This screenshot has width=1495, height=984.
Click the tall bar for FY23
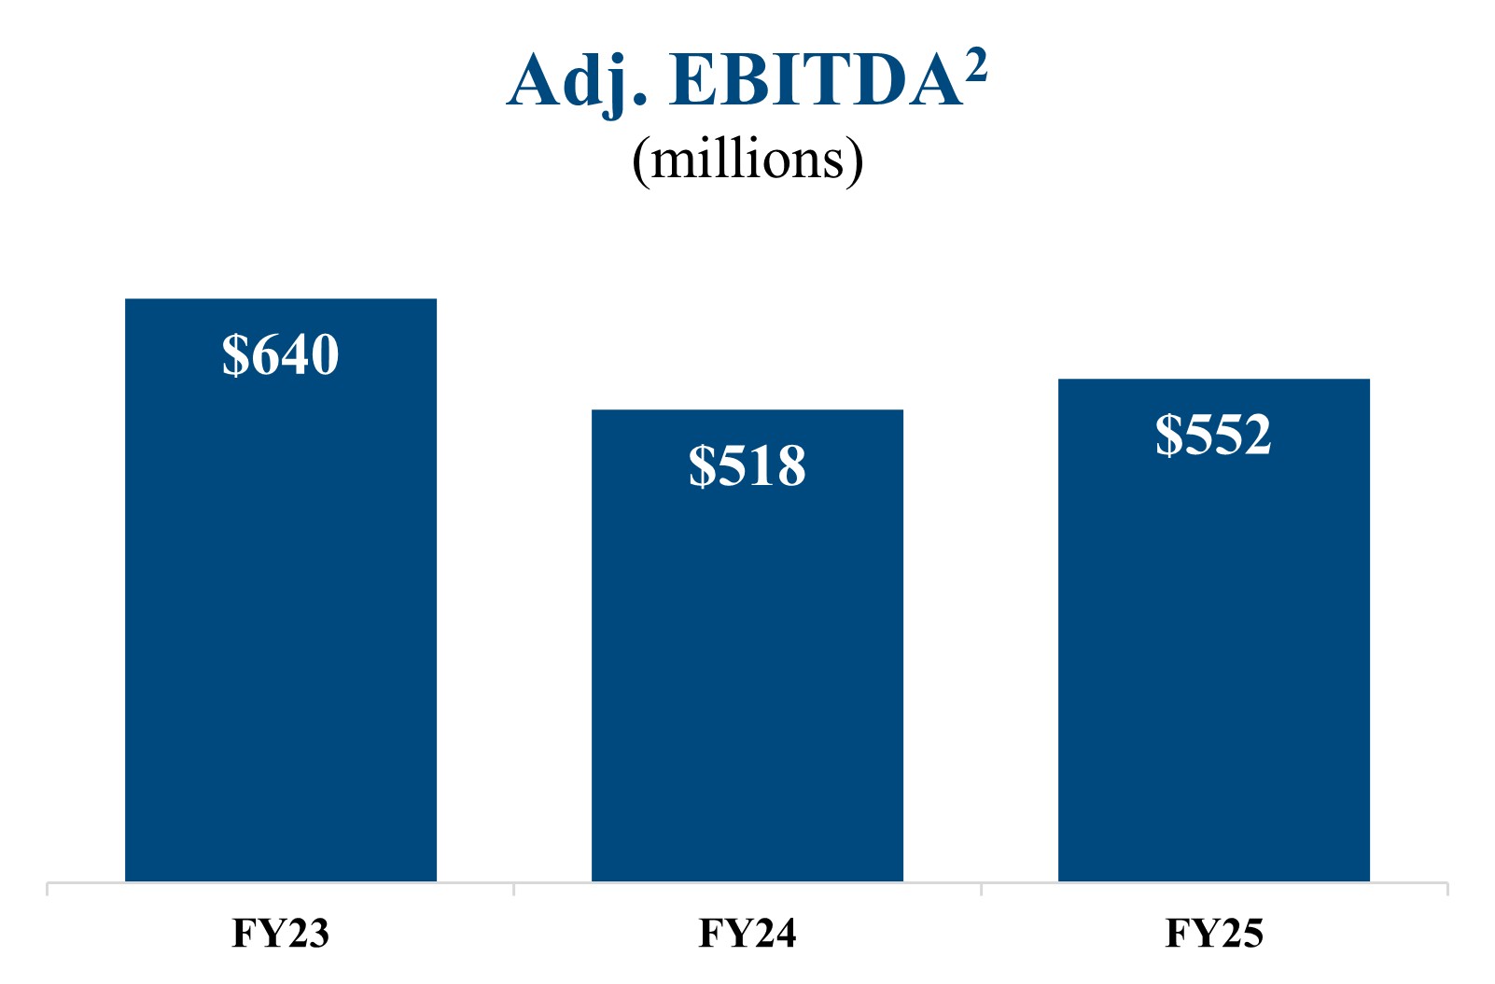[x=280, y=606]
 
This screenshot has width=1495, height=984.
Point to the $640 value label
[x=280, y=354]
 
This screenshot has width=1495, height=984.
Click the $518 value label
[x=747, y=465]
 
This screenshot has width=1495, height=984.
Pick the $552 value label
[x=1213, y=435]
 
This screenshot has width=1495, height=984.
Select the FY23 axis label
[x=280, y=934]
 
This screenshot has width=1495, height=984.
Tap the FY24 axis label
[x=747, y=934]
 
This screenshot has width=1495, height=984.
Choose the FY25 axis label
[x=1214, y=934]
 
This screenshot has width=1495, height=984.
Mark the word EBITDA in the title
[x=817, y=82]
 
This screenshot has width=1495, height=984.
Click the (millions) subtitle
[x=747, y=159]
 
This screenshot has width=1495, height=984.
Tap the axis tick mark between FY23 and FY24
[x=513, y=889]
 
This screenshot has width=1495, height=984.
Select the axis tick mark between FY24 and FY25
[x=981, y=889]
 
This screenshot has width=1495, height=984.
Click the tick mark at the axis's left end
[x=48, y=889]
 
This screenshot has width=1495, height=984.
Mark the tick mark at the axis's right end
[x=1447, y=889]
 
